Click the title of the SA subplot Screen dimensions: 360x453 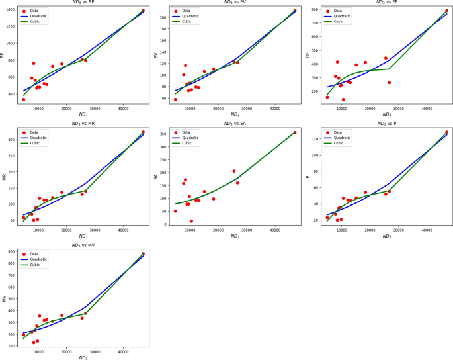(x=235, y=124)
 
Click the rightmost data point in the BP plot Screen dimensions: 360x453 (x=143, y=11)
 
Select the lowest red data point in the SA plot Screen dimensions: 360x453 (x=192, y=221)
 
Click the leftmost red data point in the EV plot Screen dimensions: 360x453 (x=175, y=99)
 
